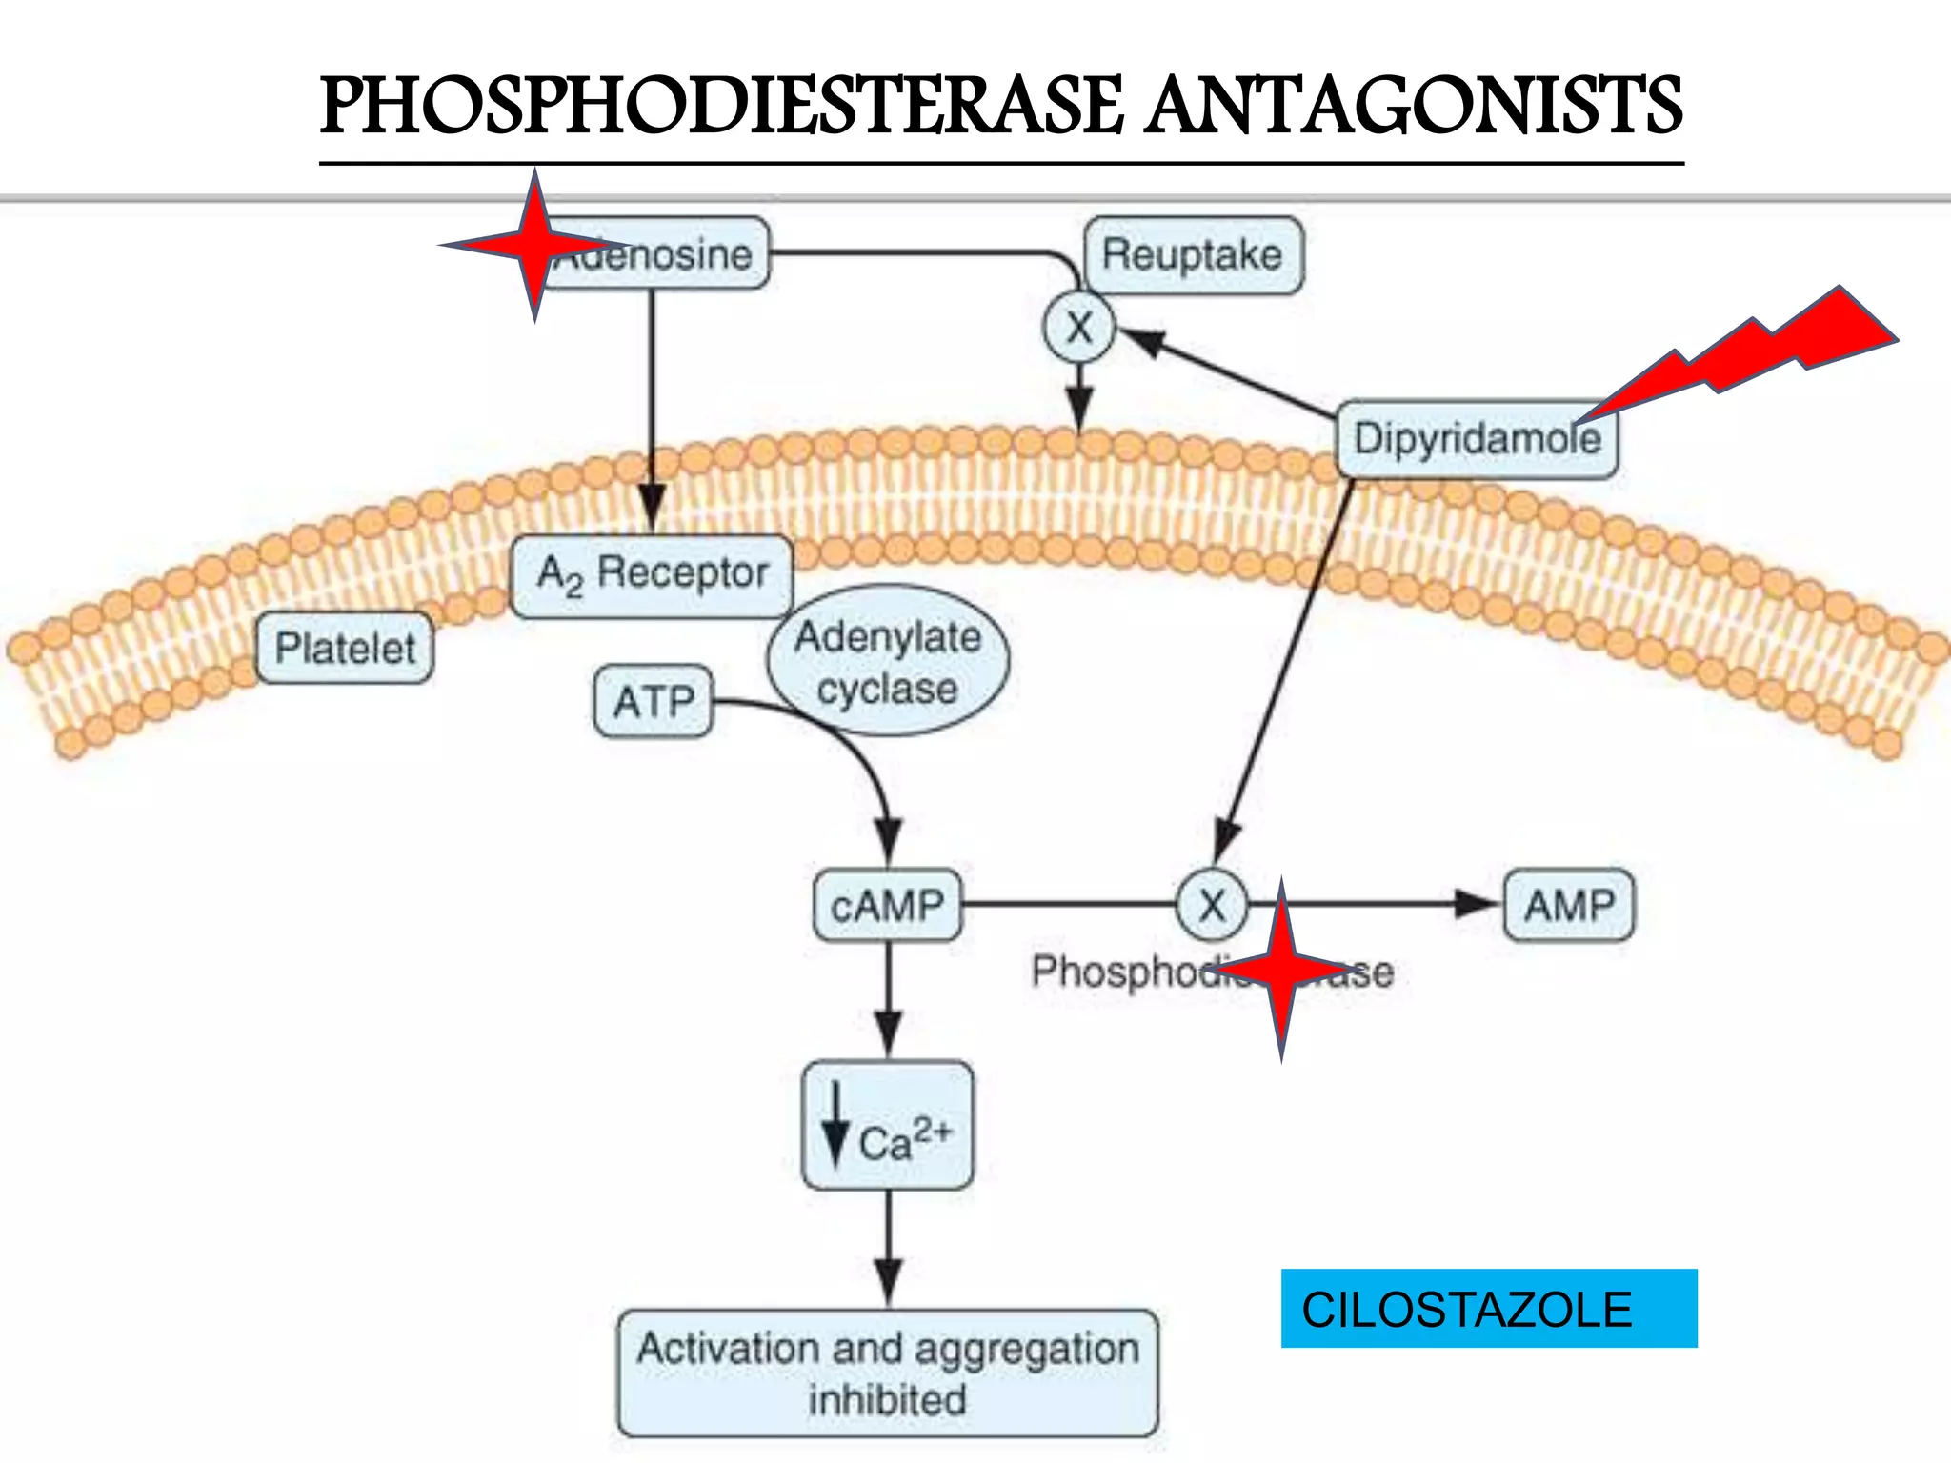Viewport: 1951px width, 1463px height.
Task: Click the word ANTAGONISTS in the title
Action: [x=1414, y=107]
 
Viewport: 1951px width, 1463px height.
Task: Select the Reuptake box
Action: [x=1193, y=255]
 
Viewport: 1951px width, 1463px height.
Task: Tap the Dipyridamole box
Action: [x=1477, y=439]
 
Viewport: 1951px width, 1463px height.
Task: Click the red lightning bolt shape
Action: [x=1762, y=348]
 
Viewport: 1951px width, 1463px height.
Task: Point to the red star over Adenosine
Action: [x=535, y=246]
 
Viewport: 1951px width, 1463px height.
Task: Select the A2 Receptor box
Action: [x=653, y=574]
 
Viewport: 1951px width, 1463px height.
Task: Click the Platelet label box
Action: [x=345, y=649]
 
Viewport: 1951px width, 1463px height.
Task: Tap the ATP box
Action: [x=654, y=702]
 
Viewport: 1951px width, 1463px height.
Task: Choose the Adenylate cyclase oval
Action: [x=888, y=662]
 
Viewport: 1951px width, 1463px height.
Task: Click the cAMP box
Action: [x=888, y=905]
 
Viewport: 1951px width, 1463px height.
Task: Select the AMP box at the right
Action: [x=1568, y=905]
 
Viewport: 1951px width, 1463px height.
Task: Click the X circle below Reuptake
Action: [x=1078, y=329]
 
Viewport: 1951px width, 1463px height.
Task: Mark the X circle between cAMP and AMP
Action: [x=1212, y=905]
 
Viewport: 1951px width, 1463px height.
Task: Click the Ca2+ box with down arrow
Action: [x=888, y=1126]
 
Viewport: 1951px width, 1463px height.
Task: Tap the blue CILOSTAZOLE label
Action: [x=1488, y=1309]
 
